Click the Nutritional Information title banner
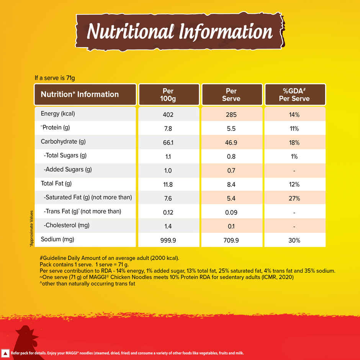(180, 32)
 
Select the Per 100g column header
(168, 95)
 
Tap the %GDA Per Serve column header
(294, 95)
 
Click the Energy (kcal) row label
(57, 114)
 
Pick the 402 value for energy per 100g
(168, 115)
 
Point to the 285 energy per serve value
(231, 115)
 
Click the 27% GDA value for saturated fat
(294, 198)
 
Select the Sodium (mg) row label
(57, 239)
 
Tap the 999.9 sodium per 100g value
(168, 240)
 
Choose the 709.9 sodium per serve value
(231, 240)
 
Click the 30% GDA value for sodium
(294, 240)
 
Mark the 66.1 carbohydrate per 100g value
(168, 142)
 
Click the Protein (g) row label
(55, 128)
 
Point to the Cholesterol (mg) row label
(67, 225)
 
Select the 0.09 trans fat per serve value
(231, 213)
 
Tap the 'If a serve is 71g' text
(54, 78)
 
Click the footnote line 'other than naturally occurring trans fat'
(87, 284)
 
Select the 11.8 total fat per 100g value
(168, 185)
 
